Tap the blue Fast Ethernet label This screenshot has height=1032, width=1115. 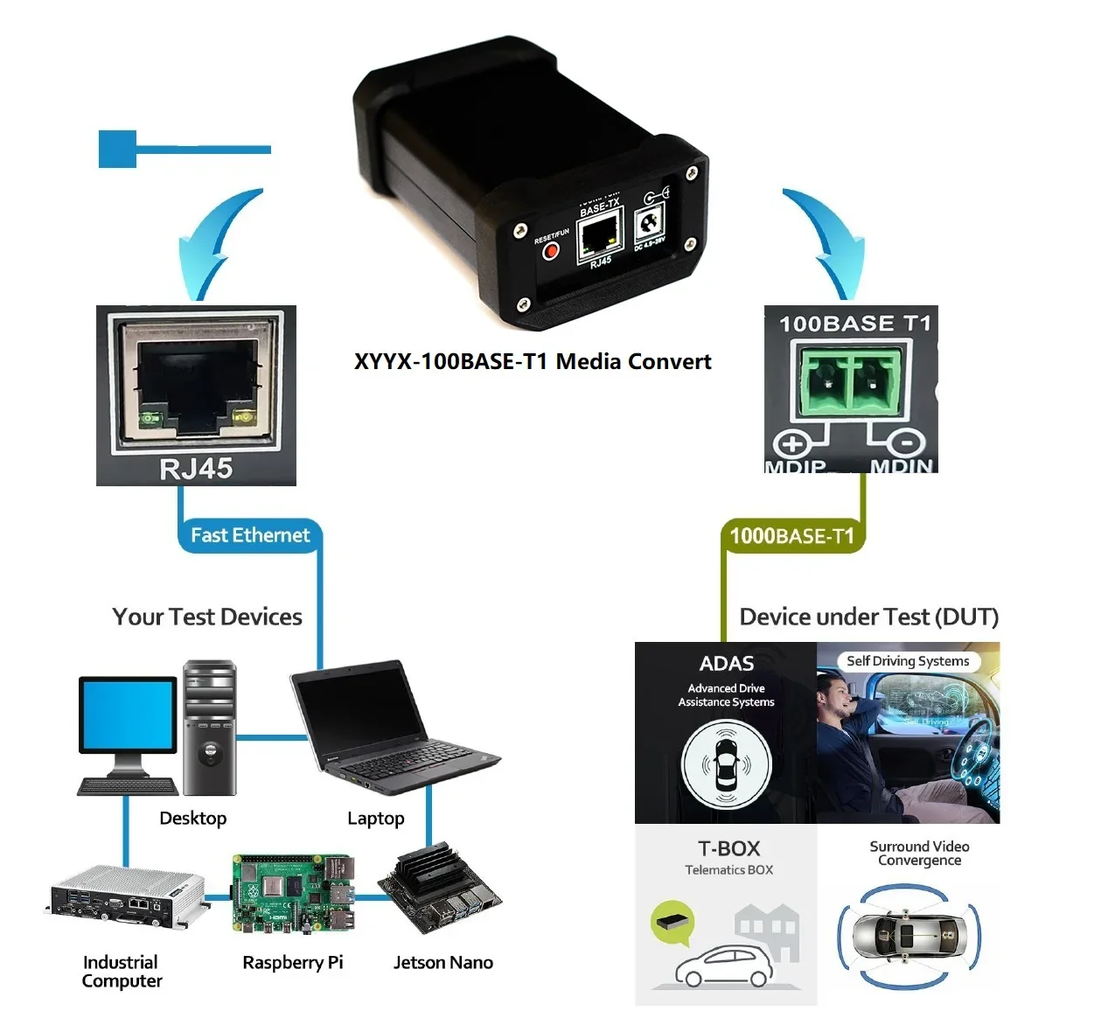pos(250,535)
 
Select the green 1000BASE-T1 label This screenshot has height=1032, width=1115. pos(791,536)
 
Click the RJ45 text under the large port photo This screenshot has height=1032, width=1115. pos(196,469)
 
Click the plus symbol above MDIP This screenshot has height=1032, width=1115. pos(792,444)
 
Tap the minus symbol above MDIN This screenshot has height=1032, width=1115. pos(907,443)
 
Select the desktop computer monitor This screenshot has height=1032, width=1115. pos(129,715)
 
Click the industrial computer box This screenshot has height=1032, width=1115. pos(128,896)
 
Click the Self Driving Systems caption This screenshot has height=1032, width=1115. pos(908,661)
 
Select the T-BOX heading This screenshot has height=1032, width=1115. pos(728,848)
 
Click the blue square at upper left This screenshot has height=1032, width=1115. pos(117,149)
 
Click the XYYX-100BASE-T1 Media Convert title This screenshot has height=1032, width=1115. pos(533,361)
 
